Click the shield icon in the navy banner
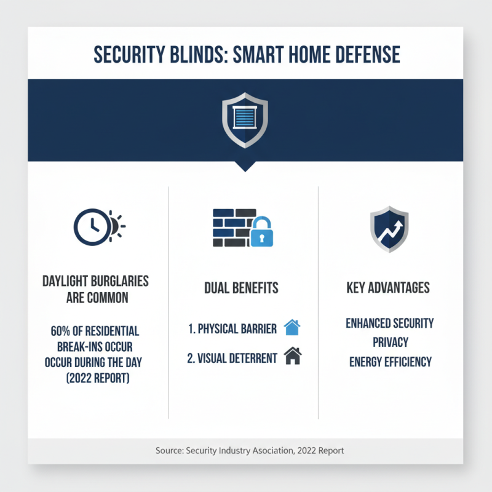pos(245,120)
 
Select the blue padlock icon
pos(261,231)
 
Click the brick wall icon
pos(231,228)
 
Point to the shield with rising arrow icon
pos(389,229)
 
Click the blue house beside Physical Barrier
pos(292,327)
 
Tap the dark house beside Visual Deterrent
pos(293,357)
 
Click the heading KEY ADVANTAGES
pos(388,288)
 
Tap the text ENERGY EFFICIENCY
pos(389,361)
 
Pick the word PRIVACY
pos(389,342)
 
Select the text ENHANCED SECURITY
pos(389,323)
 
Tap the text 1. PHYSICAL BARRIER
pos(232,328)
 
